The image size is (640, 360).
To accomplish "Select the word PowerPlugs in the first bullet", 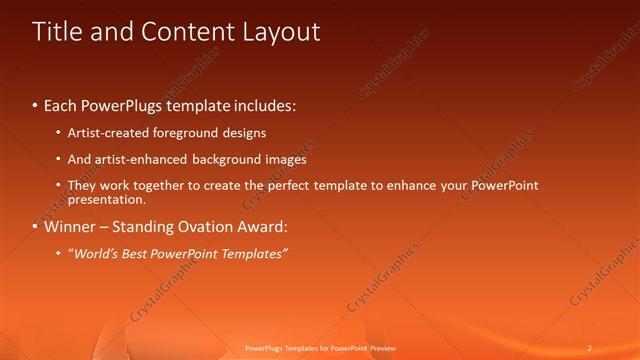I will (126, 105).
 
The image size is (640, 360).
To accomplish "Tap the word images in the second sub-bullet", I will (285, 159).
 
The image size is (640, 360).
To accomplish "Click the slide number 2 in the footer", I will (590, 348).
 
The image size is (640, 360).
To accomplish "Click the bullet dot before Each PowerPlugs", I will (36, 105).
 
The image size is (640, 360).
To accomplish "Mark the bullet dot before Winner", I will (36, 226).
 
